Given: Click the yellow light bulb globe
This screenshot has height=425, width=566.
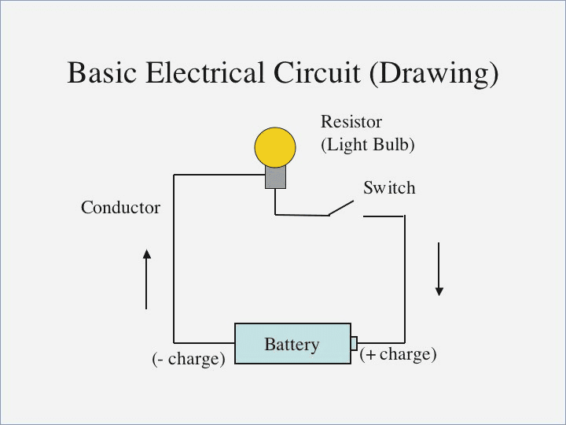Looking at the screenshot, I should tap(275, 147).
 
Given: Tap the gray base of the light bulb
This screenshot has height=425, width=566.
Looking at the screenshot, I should tap(275, 177).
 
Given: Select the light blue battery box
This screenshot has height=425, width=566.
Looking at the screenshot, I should tap(292, 343).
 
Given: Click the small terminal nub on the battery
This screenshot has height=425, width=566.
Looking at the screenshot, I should tap(355, 343).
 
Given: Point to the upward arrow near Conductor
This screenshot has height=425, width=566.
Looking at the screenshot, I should tap(146, 279).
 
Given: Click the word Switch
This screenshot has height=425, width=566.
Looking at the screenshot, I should tap(389, 188).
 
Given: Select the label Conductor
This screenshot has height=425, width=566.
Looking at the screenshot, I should tap(120, 208).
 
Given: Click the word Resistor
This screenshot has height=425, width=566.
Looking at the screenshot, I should tap(351, 122).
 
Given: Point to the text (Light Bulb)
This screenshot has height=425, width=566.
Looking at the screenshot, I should tap(367, 145).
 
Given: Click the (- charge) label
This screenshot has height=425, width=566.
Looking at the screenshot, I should tap(189, 359).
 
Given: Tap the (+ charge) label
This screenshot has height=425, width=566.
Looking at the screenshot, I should tap(398, 354).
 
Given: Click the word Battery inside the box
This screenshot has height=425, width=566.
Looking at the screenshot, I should tap(292, 344).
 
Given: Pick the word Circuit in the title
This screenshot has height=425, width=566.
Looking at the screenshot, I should tap(318, 73).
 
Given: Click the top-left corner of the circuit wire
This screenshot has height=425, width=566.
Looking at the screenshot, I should tap(174, 176).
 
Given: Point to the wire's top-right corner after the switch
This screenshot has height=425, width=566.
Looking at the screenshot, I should tap(404, 216).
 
